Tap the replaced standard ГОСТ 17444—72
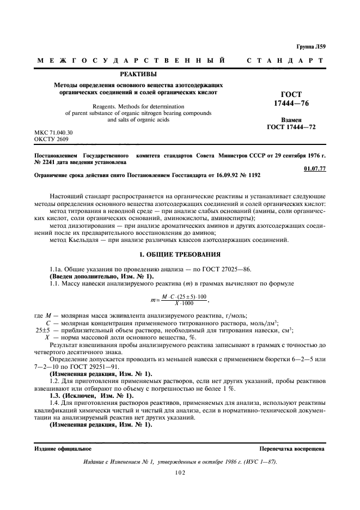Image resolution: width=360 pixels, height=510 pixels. pyautogui.click(x=291, y=127)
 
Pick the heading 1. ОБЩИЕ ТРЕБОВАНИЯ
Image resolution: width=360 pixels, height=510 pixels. pyautogui.click(x=180, y=253)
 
